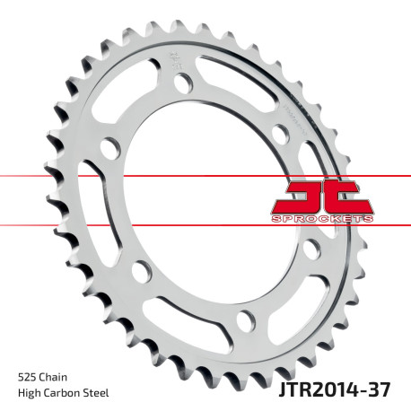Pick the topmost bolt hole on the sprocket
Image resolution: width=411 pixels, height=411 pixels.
(x=183, y=83)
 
